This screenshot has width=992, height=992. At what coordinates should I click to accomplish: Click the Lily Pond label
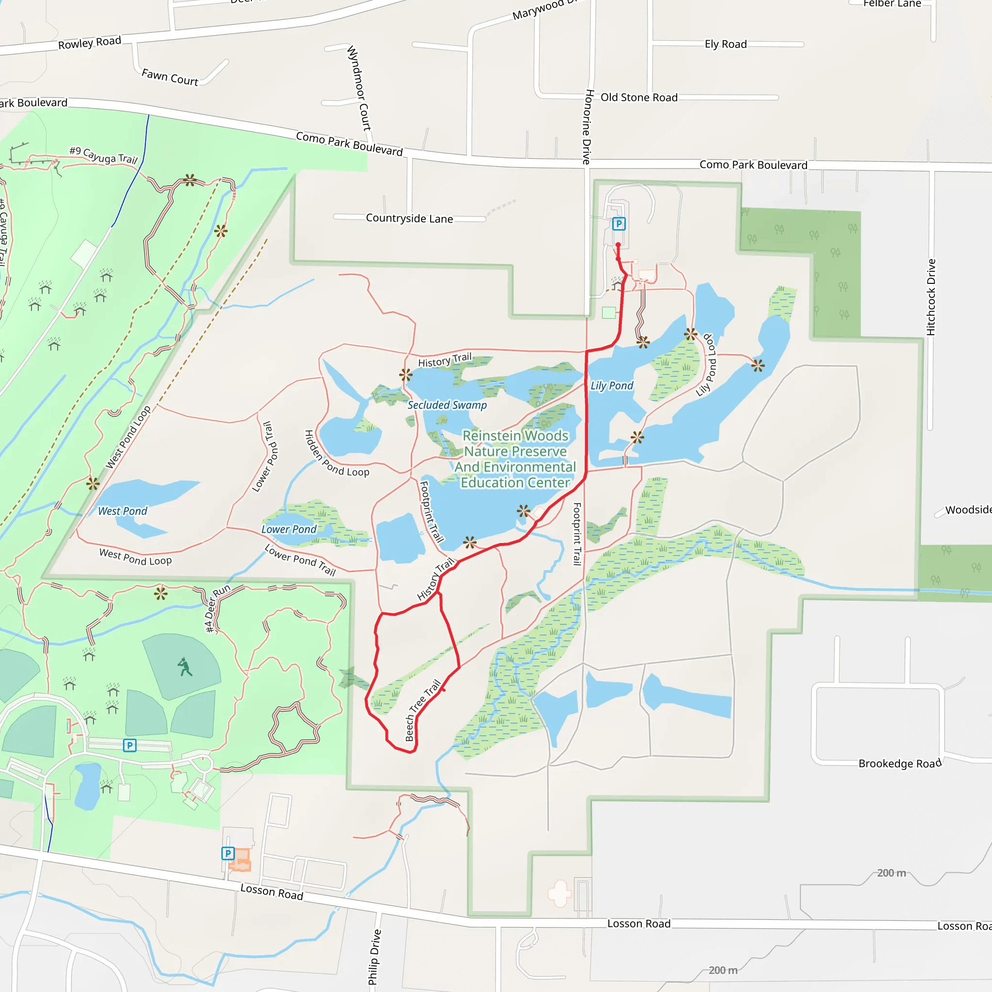point(612,386)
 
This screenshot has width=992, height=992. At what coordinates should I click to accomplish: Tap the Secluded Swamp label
point(447,405)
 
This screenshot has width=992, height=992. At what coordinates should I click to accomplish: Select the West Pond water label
point(122,511)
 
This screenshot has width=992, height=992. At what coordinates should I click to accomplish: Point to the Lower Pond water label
point(289,529)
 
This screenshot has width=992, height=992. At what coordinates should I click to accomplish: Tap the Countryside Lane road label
point(409,218)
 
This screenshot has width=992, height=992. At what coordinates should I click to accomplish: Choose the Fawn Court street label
point(170,77)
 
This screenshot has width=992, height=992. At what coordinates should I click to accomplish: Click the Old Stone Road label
point(639,97)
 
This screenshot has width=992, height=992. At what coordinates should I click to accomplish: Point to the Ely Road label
point(726,44)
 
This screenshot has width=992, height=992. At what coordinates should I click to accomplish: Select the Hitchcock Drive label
point(931,297)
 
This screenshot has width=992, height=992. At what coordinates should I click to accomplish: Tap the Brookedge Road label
point(899,763)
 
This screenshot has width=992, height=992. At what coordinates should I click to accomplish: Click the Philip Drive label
point(375,957)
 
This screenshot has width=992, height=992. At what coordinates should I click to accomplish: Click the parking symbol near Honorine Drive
point(619,224)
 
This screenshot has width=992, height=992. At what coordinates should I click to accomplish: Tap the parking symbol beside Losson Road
point(228,853)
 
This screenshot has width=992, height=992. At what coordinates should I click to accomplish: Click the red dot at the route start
point(618,245)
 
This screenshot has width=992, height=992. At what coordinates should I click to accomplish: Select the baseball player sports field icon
point(185,667)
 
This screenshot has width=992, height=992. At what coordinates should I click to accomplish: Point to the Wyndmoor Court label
point(359,88)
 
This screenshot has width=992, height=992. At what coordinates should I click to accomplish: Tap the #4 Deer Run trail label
point(217,609)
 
